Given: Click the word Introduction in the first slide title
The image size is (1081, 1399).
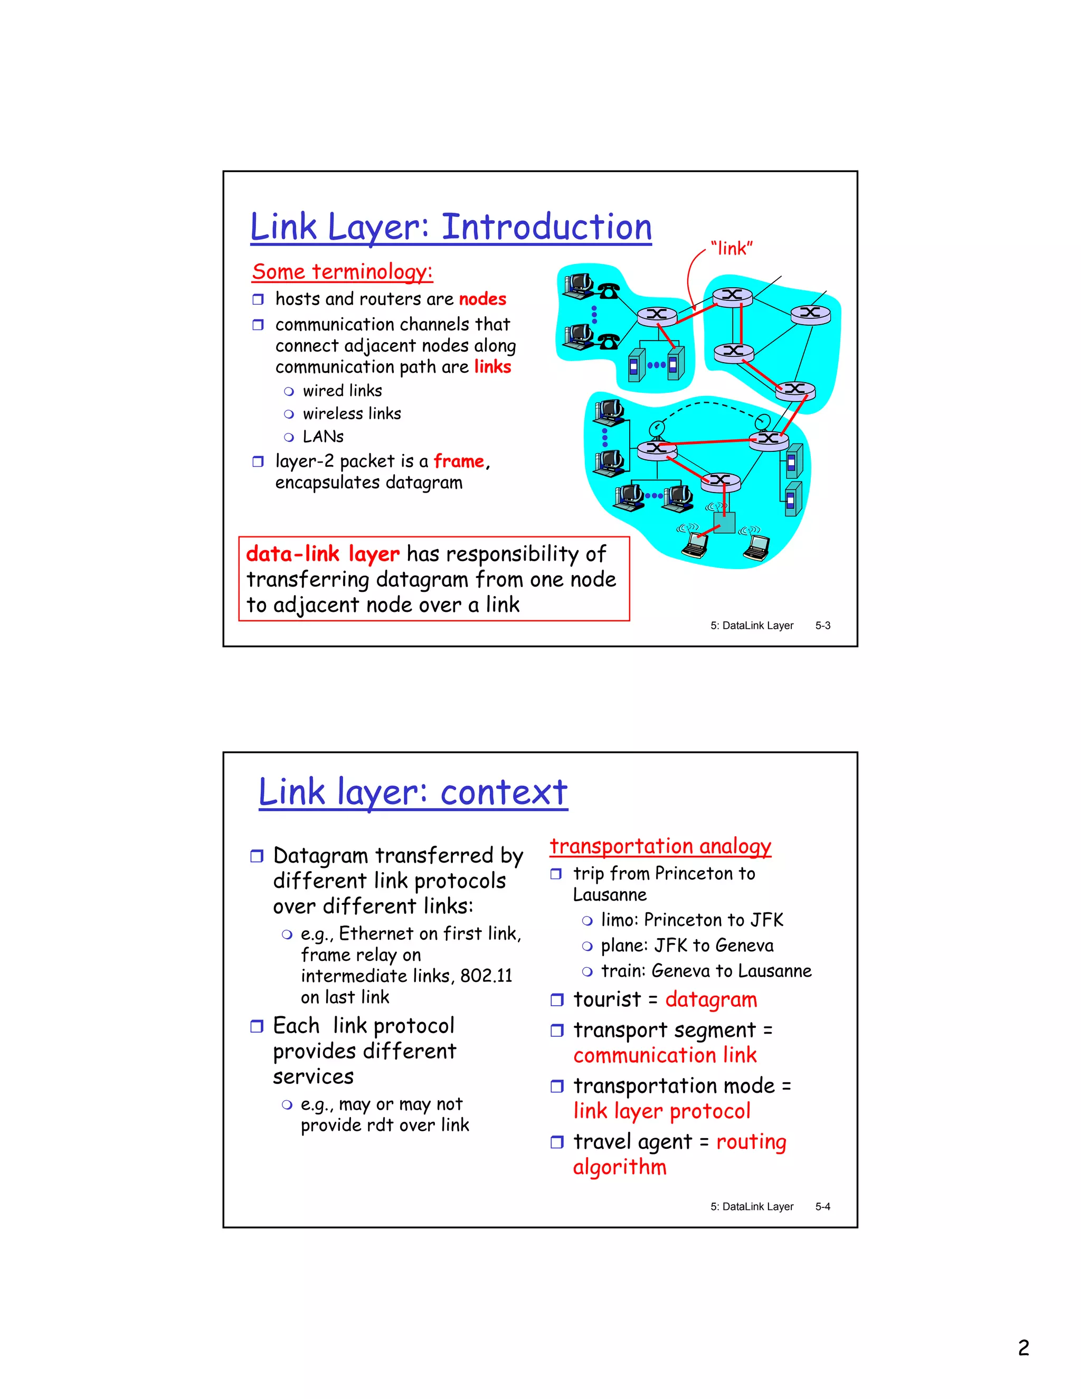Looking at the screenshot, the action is [546, 228].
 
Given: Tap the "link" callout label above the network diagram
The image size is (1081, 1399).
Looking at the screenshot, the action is [732, 249].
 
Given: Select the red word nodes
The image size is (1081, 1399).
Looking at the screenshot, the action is [482, 299].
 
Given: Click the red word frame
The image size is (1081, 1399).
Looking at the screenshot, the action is [459, 461].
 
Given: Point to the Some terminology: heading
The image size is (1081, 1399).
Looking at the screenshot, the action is [343, 271].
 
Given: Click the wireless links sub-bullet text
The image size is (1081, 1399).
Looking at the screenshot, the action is [352, 414].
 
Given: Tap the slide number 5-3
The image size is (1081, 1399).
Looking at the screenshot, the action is [822, 625].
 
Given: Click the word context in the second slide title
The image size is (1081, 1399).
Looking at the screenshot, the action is [504, 792].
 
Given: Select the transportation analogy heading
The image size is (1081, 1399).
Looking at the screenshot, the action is [660, 846].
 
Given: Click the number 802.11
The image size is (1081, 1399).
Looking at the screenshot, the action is [486, 976].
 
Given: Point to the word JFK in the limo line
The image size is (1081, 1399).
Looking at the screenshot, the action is [766, 921].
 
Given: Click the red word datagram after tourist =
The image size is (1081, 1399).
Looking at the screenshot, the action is [711, 1000].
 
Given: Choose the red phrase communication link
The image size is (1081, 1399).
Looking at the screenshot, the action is [665, 1056].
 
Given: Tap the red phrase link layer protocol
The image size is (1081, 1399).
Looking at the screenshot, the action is [661, 1111].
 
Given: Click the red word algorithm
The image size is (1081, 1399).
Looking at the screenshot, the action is [619, 1167].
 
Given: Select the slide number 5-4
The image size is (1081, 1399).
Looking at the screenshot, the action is [822, 1207].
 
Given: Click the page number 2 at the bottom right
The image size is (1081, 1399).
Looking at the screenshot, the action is [1023, 1348].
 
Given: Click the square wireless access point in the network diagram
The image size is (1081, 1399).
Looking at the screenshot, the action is [724, 523].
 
